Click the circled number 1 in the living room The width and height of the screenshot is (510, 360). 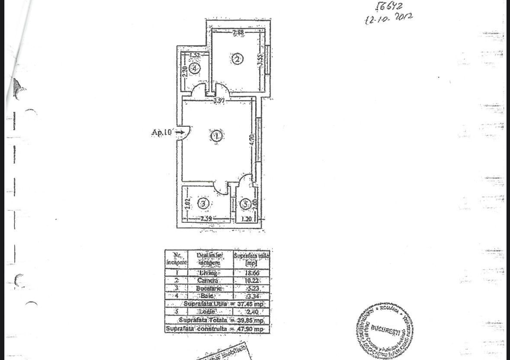[x=216, y=136]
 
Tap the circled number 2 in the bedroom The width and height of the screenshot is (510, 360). [x=237, y=59]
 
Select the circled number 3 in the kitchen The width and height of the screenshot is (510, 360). [x=204, y=203]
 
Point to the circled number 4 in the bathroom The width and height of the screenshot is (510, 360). [x=195, y=68]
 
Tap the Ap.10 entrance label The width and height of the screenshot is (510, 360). [x=161, y=132]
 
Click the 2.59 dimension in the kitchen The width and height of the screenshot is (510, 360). [x=206, y=219]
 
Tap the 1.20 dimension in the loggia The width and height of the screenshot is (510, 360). [x=246, y=219]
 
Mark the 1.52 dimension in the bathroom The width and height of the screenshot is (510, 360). [x=194, y=55]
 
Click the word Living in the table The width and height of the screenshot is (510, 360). [x=210, y=273]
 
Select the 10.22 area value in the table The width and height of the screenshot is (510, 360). [x=251, y=281]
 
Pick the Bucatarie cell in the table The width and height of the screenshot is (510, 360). [x=210, y=289]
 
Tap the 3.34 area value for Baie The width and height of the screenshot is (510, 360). [x=251, y=296]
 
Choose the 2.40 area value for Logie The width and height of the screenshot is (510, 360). [x=251, y=312]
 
